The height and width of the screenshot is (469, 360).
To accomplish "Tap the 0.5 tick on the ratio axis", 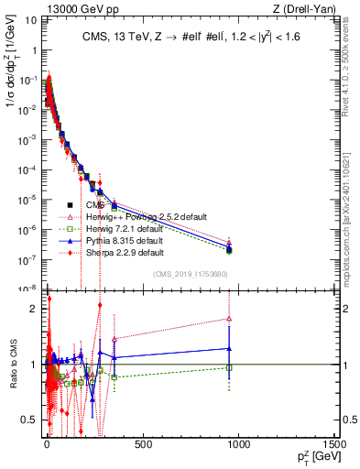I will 32,420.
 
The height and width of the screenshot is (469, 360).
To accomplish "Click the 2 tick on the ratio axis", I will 35,309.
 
